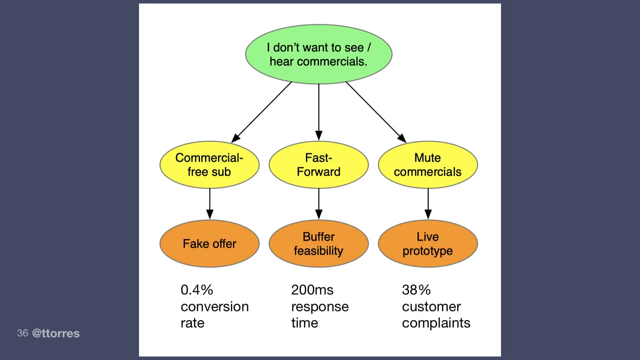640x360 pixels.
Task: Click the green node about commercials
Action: coord(318,54)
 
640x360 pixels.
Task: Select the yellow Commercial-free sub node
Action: coord(209,165)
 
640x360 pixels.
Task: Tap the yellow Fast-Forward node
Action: coord(318,165)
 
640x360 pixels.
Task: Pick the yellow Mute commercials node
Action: coord(428,165)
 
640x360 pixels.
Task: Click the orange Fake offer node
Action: coord(209,244)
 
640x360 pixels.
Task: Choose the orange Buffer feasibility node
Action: coord(318,244)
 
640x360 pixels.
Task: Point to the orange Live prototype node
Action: coord(428,244)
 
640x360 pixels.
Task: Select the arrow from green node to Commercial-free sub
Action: coord(262,112)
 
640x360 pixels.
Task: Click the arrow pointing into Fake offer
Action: coord(210,204)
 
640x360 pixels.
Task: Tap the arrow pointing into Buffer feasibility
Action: coord(319,204)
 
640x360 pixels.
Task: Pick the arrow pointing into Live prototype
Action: coord(428,204)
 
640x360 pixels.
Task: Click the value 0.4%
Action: coord(197,290)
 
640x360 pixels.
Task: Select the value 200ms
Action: coord(312,290)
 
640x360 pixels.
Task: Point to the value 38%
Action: coord(416,290)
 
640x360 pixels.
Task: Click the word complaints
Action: coord(436,323)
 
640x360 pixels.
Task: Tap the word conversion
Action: coord(215,307)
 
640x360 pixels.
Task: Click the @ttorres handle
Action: coord(56,333)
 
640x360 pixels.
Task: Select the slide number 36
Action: coord(22,333)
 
